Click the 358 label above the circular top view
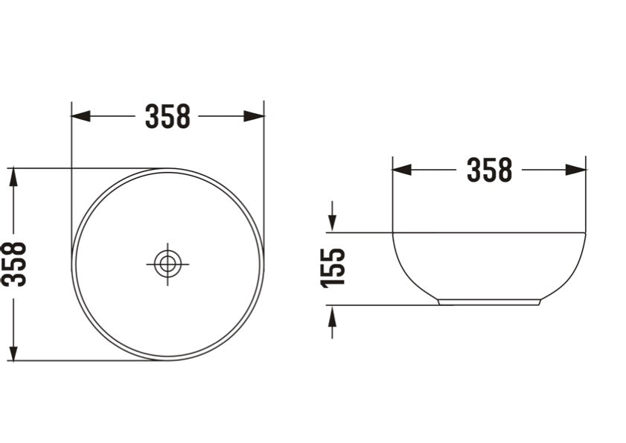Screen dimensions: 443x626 pos(167,116)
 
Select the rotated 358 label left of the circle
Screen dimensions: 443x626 pos(14,264)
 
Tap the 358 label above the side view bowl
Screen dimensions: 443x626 pos(489,170)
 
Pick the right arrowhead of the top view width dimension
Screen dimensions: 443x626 pos(255,116)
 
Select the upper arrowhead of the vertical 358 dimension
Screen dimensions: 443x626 pos(12,178)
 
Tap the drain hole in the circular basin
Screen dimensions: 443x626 pos(167,264)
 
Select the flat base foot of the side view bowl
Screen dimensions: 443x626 pos(488,302)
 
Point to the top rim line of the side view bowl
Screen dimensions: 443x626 pos(488,233)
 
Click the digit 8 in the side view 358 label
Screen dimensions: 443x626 pos(504,170)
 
